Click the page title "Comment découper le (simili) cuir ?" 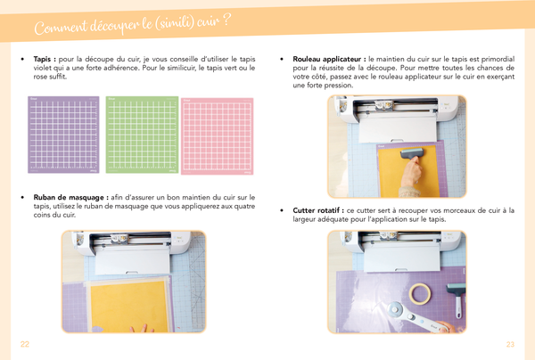132,25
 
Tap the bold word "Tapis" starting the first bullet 42,59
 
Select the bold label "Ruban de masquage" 69,198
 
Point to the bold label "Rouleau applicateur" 326,59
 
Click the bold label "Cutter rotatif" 316,210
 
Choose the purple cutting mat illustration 63,135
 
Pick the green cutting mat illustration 142,135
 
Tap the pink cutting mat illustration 217,136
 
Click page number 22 25,344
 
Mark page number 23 510,344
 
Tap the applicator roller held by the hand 412,153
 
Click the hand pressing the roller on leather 411,173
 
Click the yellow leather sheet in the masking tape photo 129,306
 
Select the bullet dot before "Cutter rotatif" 282,210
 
